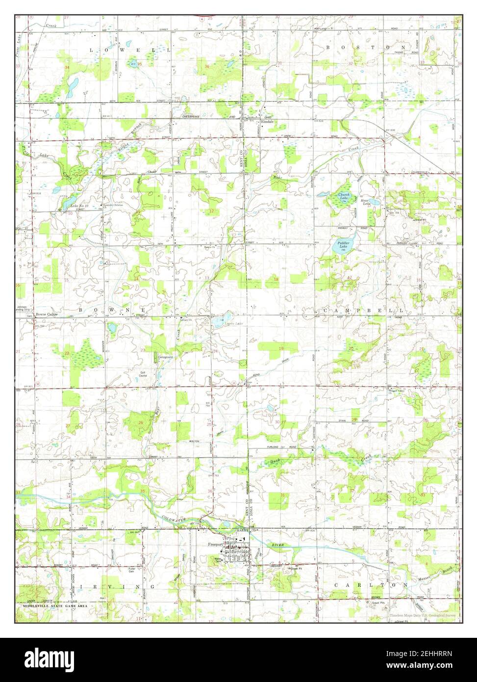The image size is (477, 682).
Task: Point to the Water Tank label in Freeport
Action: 217,559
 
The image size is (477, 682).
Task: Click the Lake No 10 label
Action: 78,206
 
